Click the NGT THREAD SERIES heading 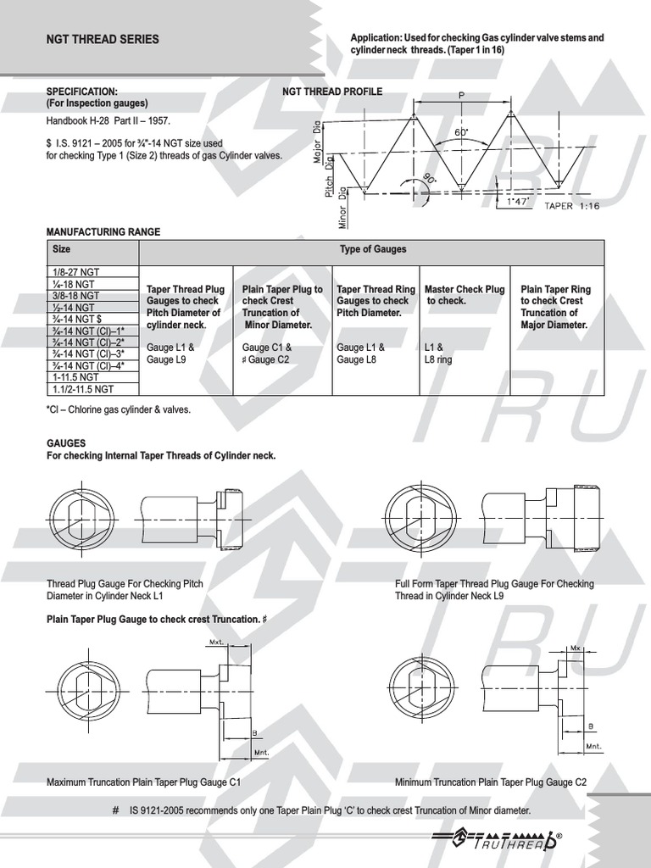coord(103,39)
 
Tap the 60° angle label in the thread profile coord(463,134)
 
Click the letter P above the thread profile coord(462,96)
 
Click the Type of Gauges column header coord(372,249)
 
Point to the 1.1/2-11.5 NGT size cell coord(83,389)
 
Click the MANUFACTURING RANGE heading coord(103,231)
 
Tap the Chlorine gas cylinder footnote coord(119,409)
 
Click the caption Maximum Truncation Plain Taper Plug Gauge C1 coord(143,782)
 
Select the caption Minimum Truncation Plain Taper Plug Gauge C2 coord(491,782)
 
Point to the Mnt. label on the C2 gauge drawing coord(593,746)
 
